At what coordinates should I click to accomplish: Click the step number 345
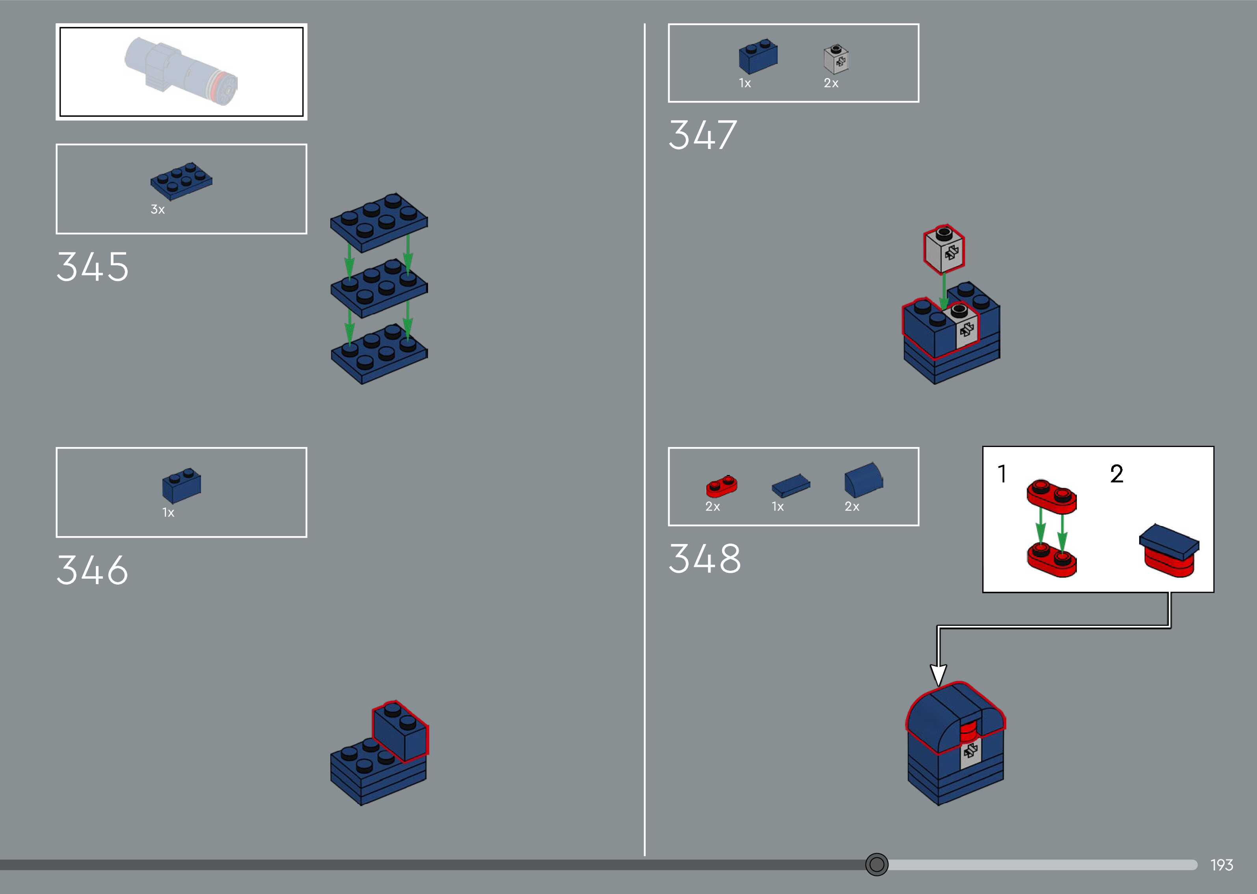click(x=93, y=267)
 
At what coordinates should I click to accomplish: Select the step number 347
click(x=702, y=136)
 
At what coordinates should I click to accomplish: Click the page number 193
click(x=1221, y=865)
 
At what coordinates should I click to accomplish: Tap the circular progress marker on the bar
click(x=876, y=864)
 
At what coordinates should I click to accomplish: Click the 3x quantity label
click(x=157, y=210)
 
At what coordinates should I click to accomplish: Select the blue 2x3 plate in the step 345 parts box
click(x=181, y=180)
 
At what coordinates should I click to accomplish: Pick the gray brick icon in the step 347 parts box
click(x=836, y=60)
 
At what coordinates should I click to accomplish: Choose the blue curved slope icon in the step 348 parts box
click(x=862, y=479)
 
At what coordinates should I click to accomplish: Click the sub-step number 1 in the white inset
click(x=1002, y=474)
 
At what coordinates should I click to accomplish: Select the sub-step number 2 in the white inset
click(x=1116, y=474)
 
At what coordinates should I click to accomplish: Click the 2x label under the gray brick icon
click(x=831, y=83)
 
